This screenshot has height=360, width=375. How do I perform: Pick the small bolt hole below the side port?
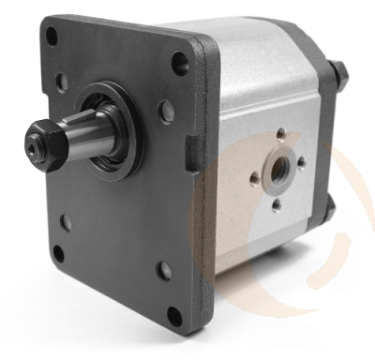pyautogui.click(x=277, y=205)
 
